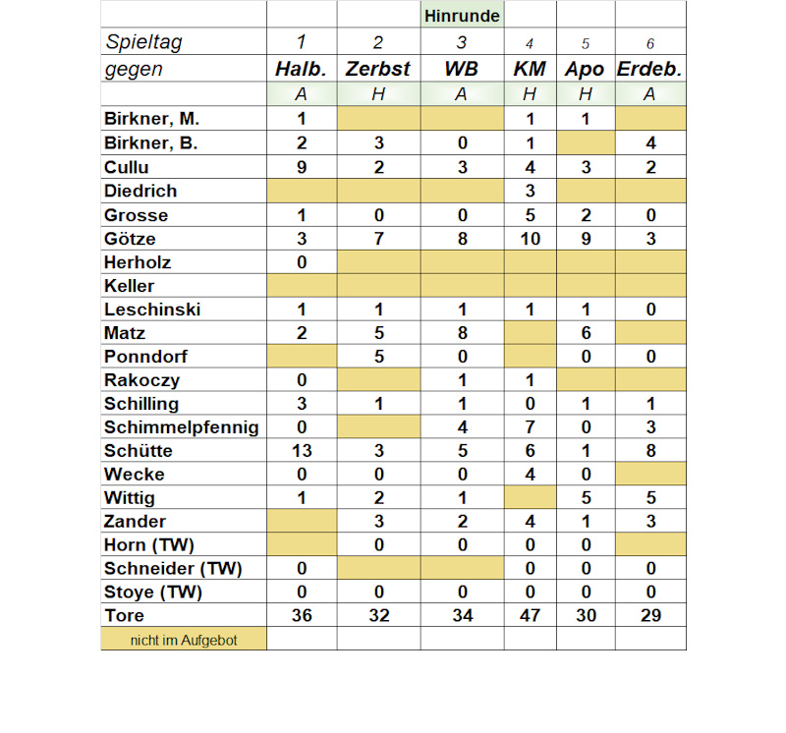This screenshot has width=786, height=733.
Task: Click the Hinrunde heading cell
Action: coord(462,16)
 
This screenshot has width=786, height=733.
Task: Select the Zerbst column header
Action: coord(378,69)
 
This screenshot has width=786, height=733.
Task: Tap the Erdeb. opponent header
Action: coord(649,69)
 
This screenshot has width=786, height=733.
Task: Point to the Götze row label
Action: coord(130,239)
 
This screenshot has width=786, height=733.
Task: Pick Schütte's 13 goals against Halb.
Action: coord(302,451)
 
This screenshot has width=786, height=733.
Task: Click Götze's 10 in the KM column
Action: coord(530,239)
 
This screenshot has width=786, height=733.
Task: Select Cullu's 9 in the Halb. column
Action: coord(302,168)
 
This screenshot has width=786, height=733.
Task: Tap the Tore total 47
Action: coord(530,616)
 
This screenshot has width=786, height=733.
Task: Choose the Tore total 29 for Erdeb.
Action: coord(649,616)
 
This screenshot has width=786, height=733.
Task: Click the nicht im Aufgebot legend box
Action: coord(184,640)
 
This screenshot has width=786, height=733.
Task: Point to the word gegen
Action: coord(134,69)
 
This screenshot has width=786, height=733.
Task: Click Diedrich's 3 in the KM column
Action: coord(530,192)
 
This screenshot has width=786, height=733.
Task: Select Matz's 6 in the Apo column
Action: coord(585,333)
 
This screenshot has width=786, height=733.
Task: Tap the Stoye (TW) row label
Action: coord(153,592)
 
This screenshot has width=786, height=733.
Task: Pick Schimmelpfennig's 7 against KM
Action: coord(530,427)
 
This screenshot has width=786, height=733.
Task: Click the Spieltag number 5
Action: coord(585,43)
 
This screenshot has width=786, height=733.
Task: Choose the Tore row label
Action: coord(124,616)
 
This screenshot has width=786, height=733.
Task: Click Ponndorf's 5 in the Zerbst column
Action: coord(378,357)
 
